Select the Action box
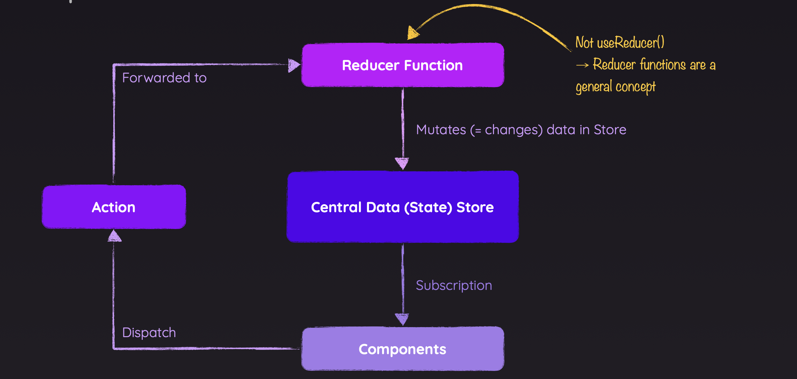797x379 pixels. point(114,207)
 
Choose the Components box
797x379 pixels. point(403,349)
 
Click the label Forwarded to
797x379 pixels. point(164,78)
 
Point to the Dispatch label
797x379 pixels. point(149,332)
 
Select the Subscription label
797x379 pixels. point(454,285)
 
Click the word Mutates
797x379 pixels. point(441,130)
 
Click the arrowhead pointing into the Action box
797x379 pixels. point(114,236)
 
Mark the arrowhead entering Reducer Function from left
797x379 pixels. point(294,65)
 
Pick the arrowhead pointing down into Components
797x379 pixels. point(402,319)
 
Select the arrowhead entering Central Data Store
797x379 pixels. point(402,163)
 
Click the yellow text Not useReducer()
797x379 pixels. point(619,43)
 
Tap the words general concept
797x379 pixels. point(615,87)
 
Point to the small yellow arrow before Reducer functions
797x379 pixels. point(582,65)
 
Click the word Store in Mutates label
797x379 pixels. point(610,130)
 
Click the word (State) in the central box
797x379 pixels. point(428,207)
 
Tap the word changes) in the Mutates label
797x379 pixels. point(513,130)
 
